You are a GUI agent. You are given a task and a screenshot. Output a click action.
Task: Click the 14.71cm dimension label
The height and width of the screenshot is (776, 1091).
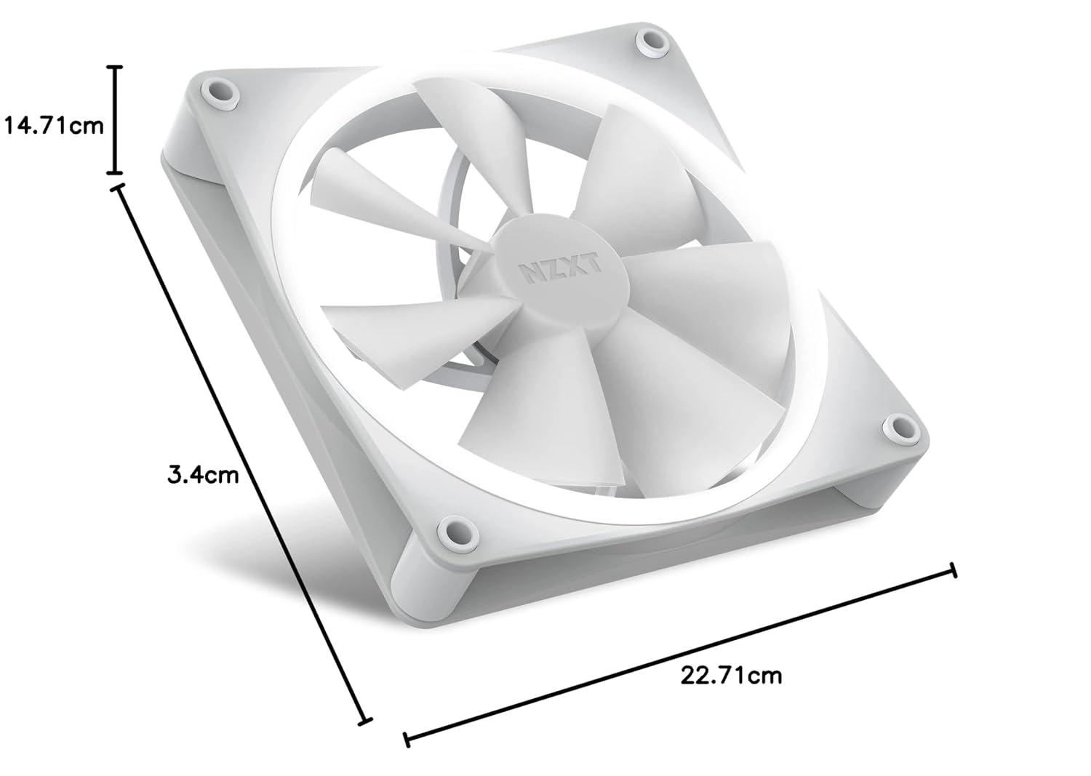tap(55, 126)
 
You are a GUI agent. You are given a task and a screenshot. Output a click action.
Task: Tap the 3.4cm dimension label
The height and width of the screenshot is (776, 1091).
tap(203, 476)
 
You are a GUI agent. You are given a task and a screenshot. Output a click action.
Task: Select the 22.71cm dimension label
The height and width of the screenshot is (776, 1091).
tap(731, 676)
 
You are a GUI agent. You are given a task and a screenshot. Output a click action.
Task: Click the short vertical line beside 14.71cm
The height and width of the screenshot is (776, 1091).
tap(115, 120)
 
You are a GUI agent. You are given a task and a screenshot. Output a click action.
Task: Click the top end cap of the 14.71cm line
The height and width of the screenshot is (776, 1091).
tap(115, 66)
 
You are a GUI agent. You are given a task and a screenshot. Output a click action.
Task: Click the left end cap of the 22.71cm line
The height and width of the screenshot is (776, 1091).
tap(407, 740)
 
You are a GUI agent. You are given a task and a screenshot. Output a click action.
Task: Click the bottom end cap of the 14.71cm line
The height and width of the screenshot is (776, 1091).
tap(115, 173)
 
